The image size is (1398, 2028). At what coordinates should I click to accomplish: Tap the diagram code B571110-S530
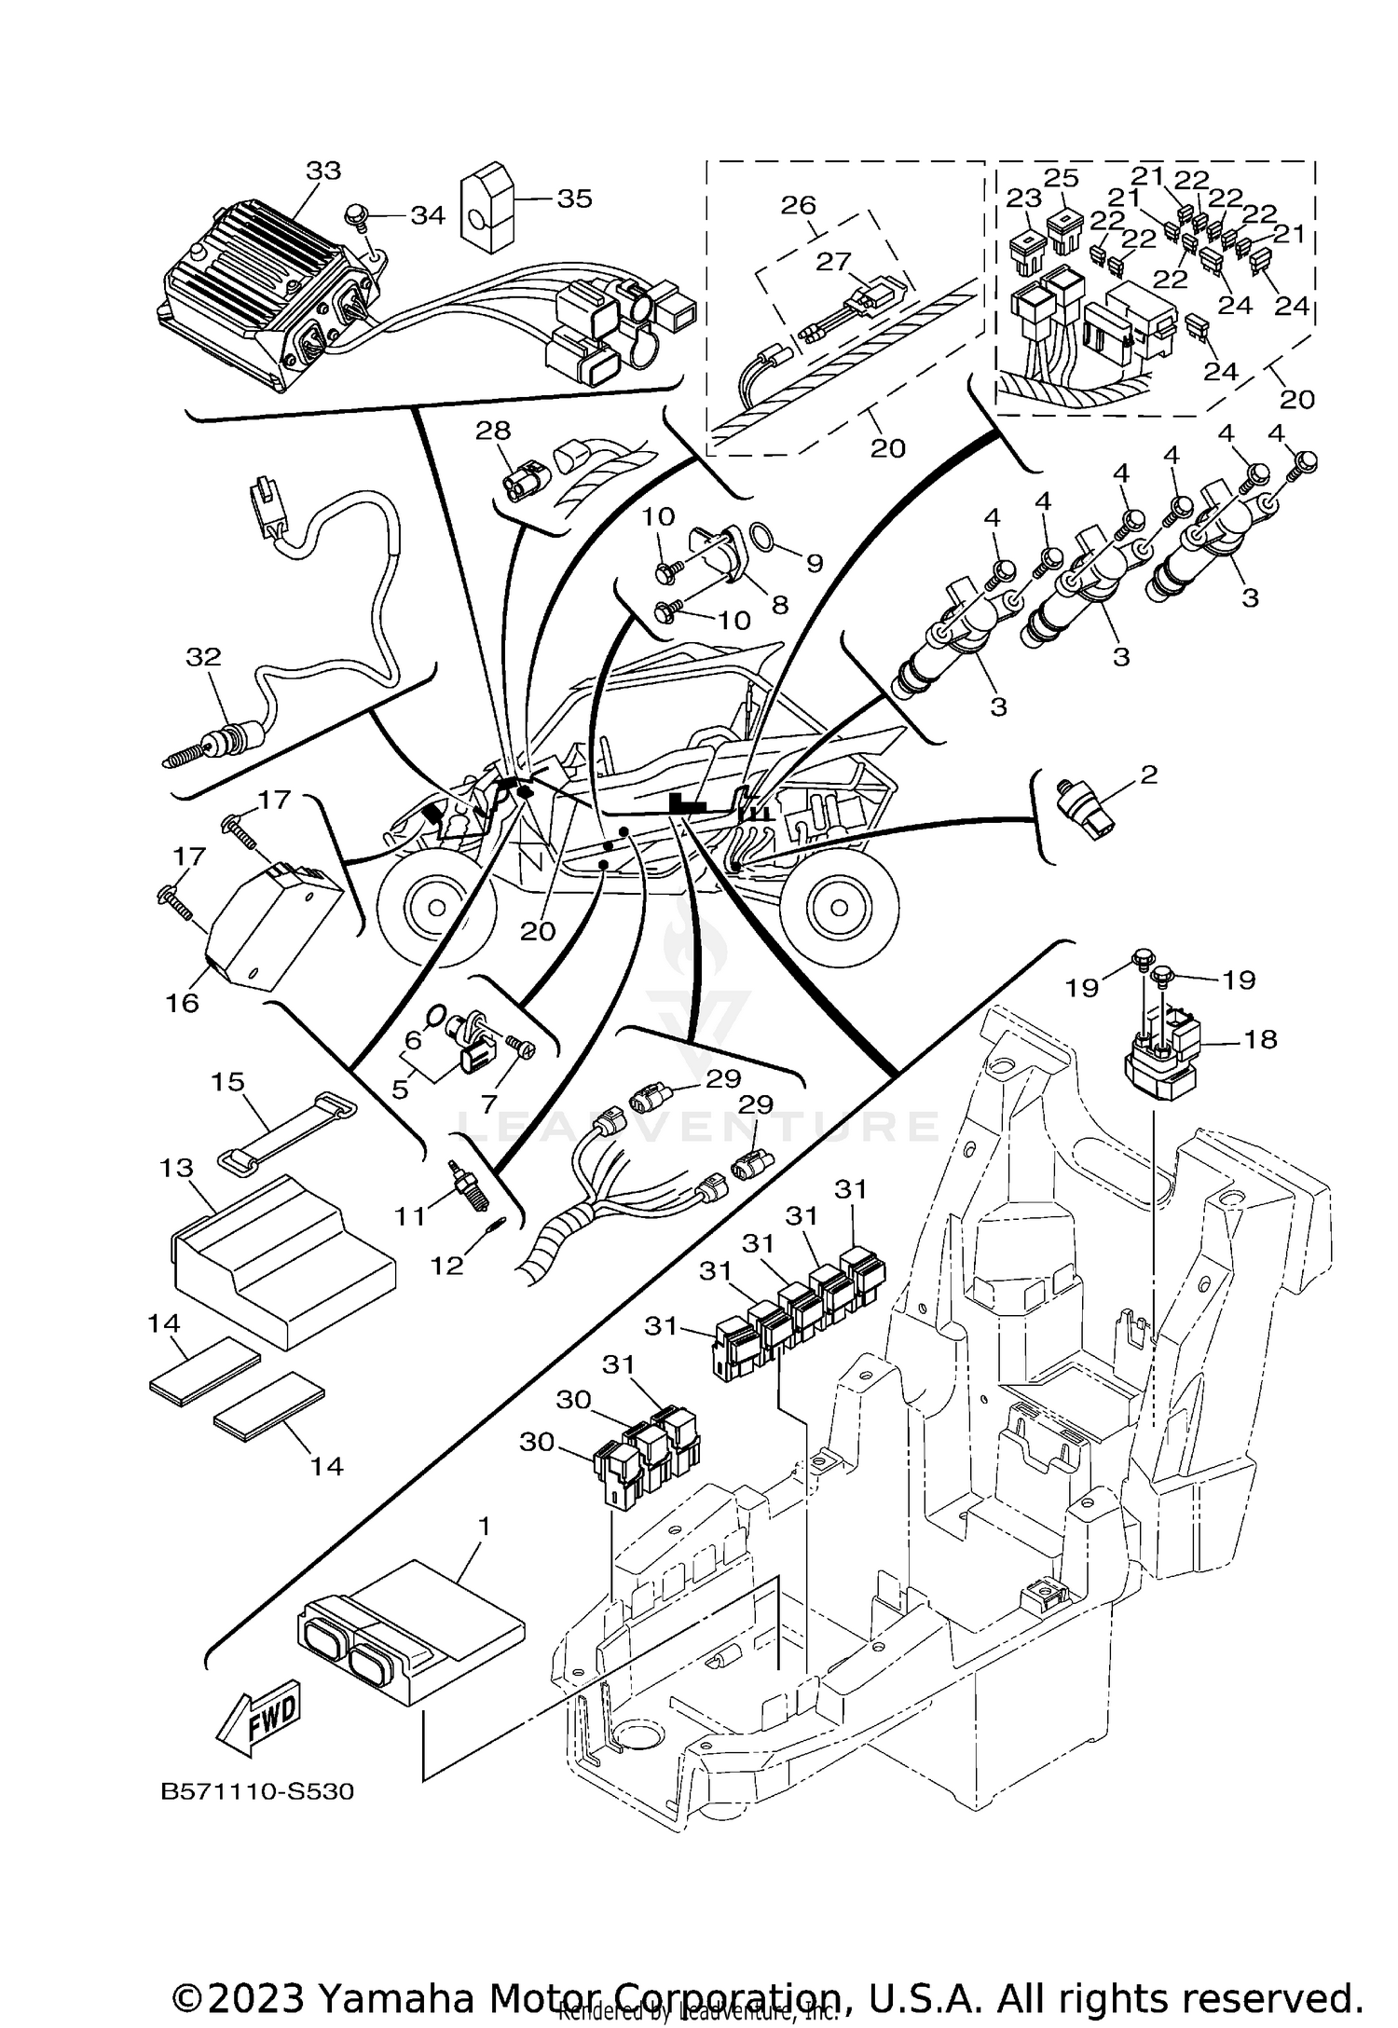[259, 1791]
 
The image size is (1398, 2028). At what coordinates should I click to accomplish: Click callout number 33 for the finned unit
[323, 171]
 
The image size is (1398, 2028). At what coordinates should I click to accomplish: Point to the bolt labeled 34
[358, 215]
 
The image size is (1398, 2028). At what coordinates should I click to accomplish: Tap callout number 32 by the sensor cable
[203, 657]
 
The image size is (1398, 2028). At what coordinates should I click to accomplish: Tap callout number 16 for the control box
[183, 1003]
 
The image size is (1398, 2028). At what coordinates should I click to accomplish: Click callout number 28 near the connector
[493, 431]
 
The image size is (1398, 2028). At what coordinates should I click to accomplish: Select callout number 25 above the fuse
[1061, 178]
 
